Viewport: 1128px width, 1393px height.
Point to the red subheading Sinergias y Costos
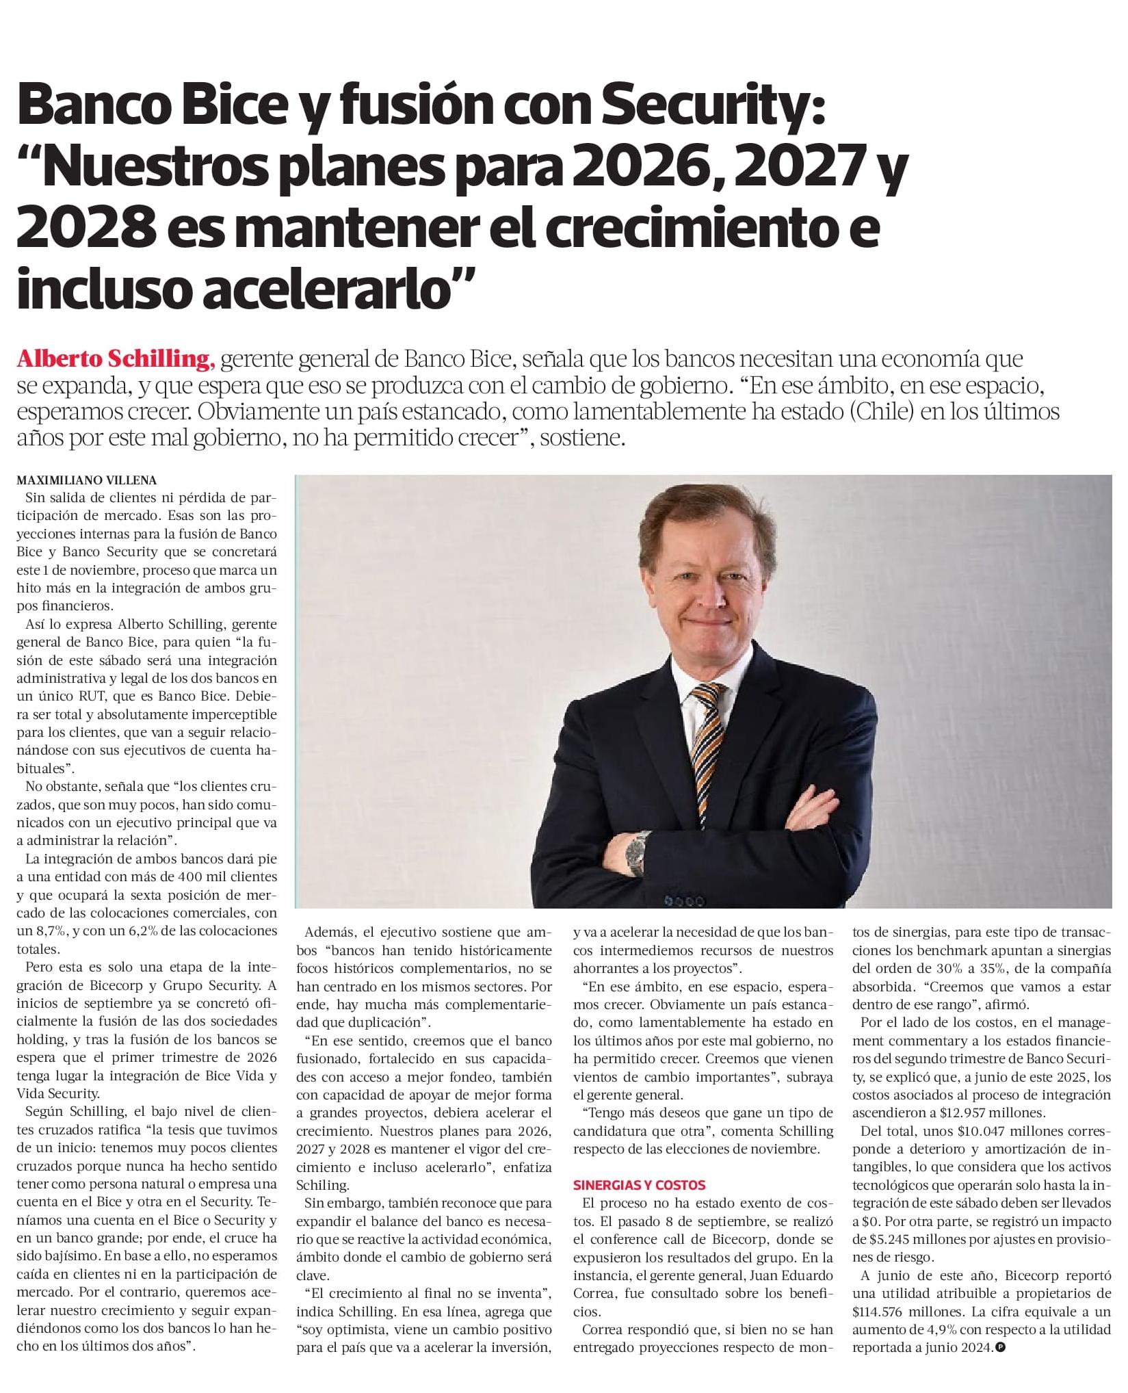(639, 1184)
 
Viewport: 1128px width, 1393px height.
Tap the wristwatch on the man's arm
(638, 852)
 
